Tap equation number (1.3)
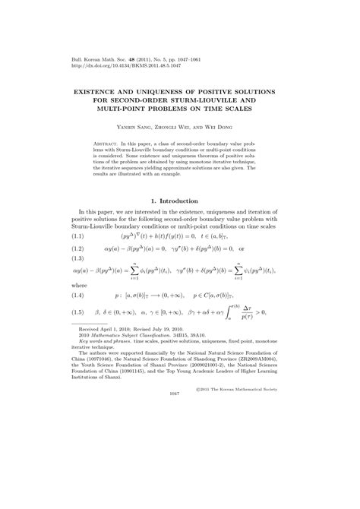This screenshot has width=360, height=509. click(x=72, y=285)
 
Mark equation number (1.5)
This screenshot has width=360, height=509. click(x=72, y=355)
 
